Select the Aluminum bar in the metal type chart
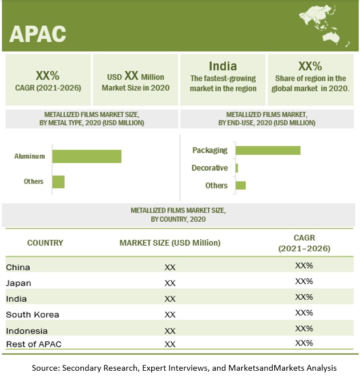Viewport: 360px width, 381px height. tap(87, 156)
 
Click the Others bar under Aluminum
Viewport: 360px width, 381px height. tap(58, 182)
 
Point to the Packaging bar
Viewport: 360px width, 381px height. tap(268, 150)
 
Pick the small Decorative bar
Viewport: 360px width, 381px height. tap(237, 168)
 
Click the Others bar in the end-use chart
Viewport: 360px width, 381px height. tap(240, 185)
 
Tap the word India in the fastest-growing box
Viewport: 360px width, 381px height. tap(223, 66)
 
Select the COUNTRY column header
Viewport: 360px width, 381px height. tap(45, 243)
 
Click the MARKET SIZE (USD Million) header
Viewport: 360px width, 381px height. tap(169, 243)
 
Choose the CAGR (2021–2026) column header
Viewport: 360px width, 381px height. tap(304, 243)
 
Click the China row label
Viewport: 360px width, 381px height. tap(18, 267)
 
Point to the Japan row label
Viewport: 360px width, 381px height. tap(19, 283)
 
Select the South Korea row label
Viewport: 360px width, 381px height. tap(33, 314)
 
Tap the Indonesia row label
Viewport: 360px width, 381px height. tap(27, 330)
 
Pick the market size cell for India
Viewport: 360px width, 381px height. tap(169, 299)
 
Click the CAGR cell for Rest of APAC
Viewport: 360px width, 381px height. tap(304, 343)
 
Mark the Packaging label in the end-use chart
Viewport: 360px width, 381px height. tap(210, 150)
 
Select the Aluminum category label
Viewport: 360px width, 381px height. tap(30, 155)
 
